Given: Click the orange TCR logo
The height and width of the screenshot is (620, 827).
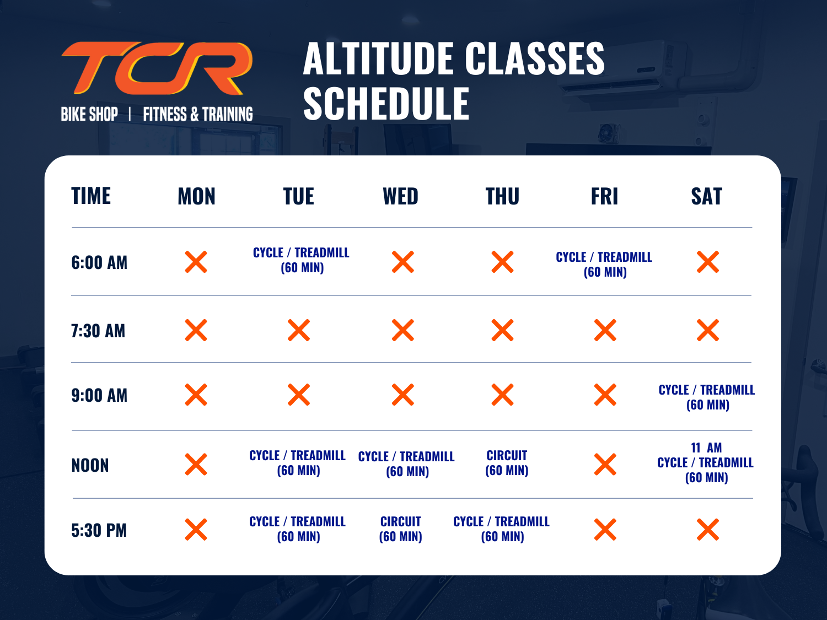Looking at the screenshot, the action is click(157, 68).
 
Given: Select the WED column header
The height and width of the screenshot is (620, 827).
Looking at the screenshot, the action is click(400, 196).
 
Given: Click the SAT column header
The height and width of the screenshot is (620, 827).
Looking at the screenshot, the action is click(706, 196).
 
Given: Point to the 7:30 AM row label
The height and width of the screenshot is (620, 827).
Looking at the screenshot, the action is click(98, 331).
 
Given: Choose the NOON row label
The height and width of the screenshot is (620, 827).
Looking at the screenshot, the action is click(90, 465).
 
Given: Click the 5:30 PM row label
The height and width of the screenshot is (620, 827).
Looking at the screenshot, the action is click(99, 530).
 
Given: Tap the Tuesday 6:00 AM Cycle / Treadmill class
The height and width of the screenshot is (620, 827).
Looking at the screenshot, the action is click(302, 260).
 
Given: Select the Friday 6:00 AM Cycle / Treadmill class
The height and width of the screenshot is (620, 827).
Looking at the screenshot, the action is click(604, 265).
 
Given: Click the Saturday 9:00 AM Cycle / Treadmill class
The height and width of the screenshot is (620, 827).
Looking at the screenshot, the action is click(707, 397).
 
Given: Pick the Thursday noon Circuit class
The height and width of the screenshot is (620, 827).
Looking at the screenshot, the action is click(507, 462).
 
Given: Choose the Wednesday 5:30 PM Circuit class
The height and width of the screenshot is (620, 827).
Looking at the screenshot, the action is click(400, 529).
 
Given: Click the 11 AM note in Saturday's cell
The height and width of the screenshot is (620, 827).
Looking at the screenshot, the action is click(706, 448).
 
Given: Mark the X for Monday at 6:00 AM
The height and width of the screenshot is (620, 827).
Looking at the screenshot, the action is click(196, 262).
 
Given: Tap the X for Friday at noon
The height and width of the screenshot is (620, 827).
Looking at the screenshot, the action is click(605, 464).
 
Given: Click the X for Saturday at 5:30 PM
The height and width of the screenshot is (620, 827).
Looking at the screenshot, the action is click(708, 529).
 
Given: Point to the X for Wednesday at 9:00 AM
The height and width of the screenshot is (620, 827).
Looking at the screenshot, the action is click(403, 395).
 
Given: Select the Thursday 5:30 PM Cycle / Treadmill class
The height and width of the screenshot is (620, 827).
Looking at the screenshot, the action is click(502, 529).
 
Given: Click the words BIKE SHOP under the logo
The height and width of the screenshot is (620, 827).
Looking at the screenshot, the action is click(89, 114).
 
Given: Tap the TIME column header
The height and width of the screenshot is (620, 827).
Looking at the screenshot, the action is click(91, 196).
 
